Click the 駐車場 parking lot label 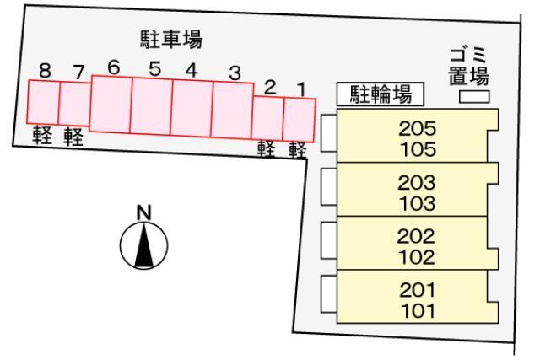pyautogui.click(x=171, y=40)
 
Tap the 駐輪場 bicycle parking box pyautogui.click(x=381, y=94)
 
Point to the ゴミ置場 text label pyautogui.click(x=469, y=67)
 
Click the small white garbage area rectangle pyautogui.click(x=474, y=97)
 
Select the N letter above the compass pyautogui.click(x=144, y=212)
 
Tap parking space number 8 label pyautogui.click(x=45, y=71)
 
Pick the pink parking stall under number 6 pyautogui.click(x=111, y=104)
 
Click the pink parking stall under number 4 pyautogui.click(x=192, y=108)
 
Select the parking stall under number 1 pyautogui.click(x=299, y=120)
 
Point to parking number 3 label pyautogui.click(x=235, y=73)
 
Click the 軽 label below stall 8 pyautogui.click(x=42, y=135)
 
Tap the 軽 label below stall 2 pyautogui.click(x=267, y=149)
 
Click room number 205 pyautogui.click(x=417, y=129)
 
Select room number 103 pyautogui.click(x=417, y=204)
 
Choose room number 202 pyautogui.click(x=416, y=236)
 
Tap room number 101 pyautogui.click(x=418, y=311)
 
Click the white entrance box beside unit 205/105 pyautogui.click(x=329, y=133)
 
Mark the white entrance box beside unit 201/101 pyautogui.click(x=329, y=294)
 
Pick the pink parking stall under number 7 pyautogui.click(x=75, y=104)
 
